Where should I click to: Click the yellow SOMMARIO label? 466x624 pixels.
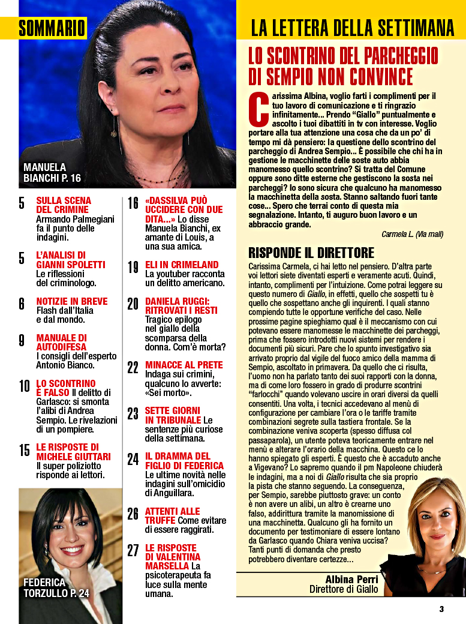click(52, 28)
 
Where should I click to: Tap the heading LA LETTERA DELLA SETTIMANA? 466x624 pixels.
click(352, 28)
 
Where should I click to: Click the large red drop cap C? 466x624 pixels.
click(256, 108)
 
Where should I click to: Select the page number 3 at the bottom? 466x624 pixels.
click(441, 609)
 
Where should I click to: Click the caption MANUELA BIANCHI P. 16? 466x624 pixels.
click(52, 172)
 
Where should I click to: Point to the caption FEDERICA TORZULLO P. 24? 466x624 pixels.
click(56, 587)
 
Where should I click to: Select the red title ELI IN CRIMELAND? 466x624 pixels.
click(182, 265)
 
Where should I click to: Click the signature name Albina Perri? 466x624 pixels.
click(351, 579)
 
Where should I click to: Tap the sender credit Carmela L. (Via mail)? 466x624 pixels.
click(412, 234)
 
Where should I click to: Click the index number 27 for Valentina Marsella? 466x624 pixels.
click(133, 550)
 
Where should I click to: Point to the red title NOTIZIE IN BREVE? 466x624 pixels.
click(71, 301)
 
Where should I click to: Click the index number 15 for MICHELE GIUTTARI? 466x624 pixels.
click(24, 449)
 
